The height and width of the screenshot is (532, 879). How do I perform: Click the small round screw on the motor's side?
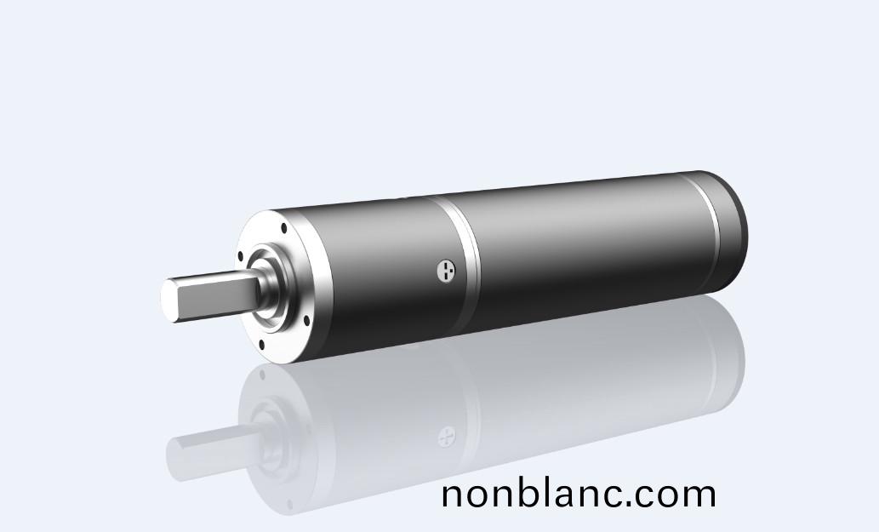coord(446,272)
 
